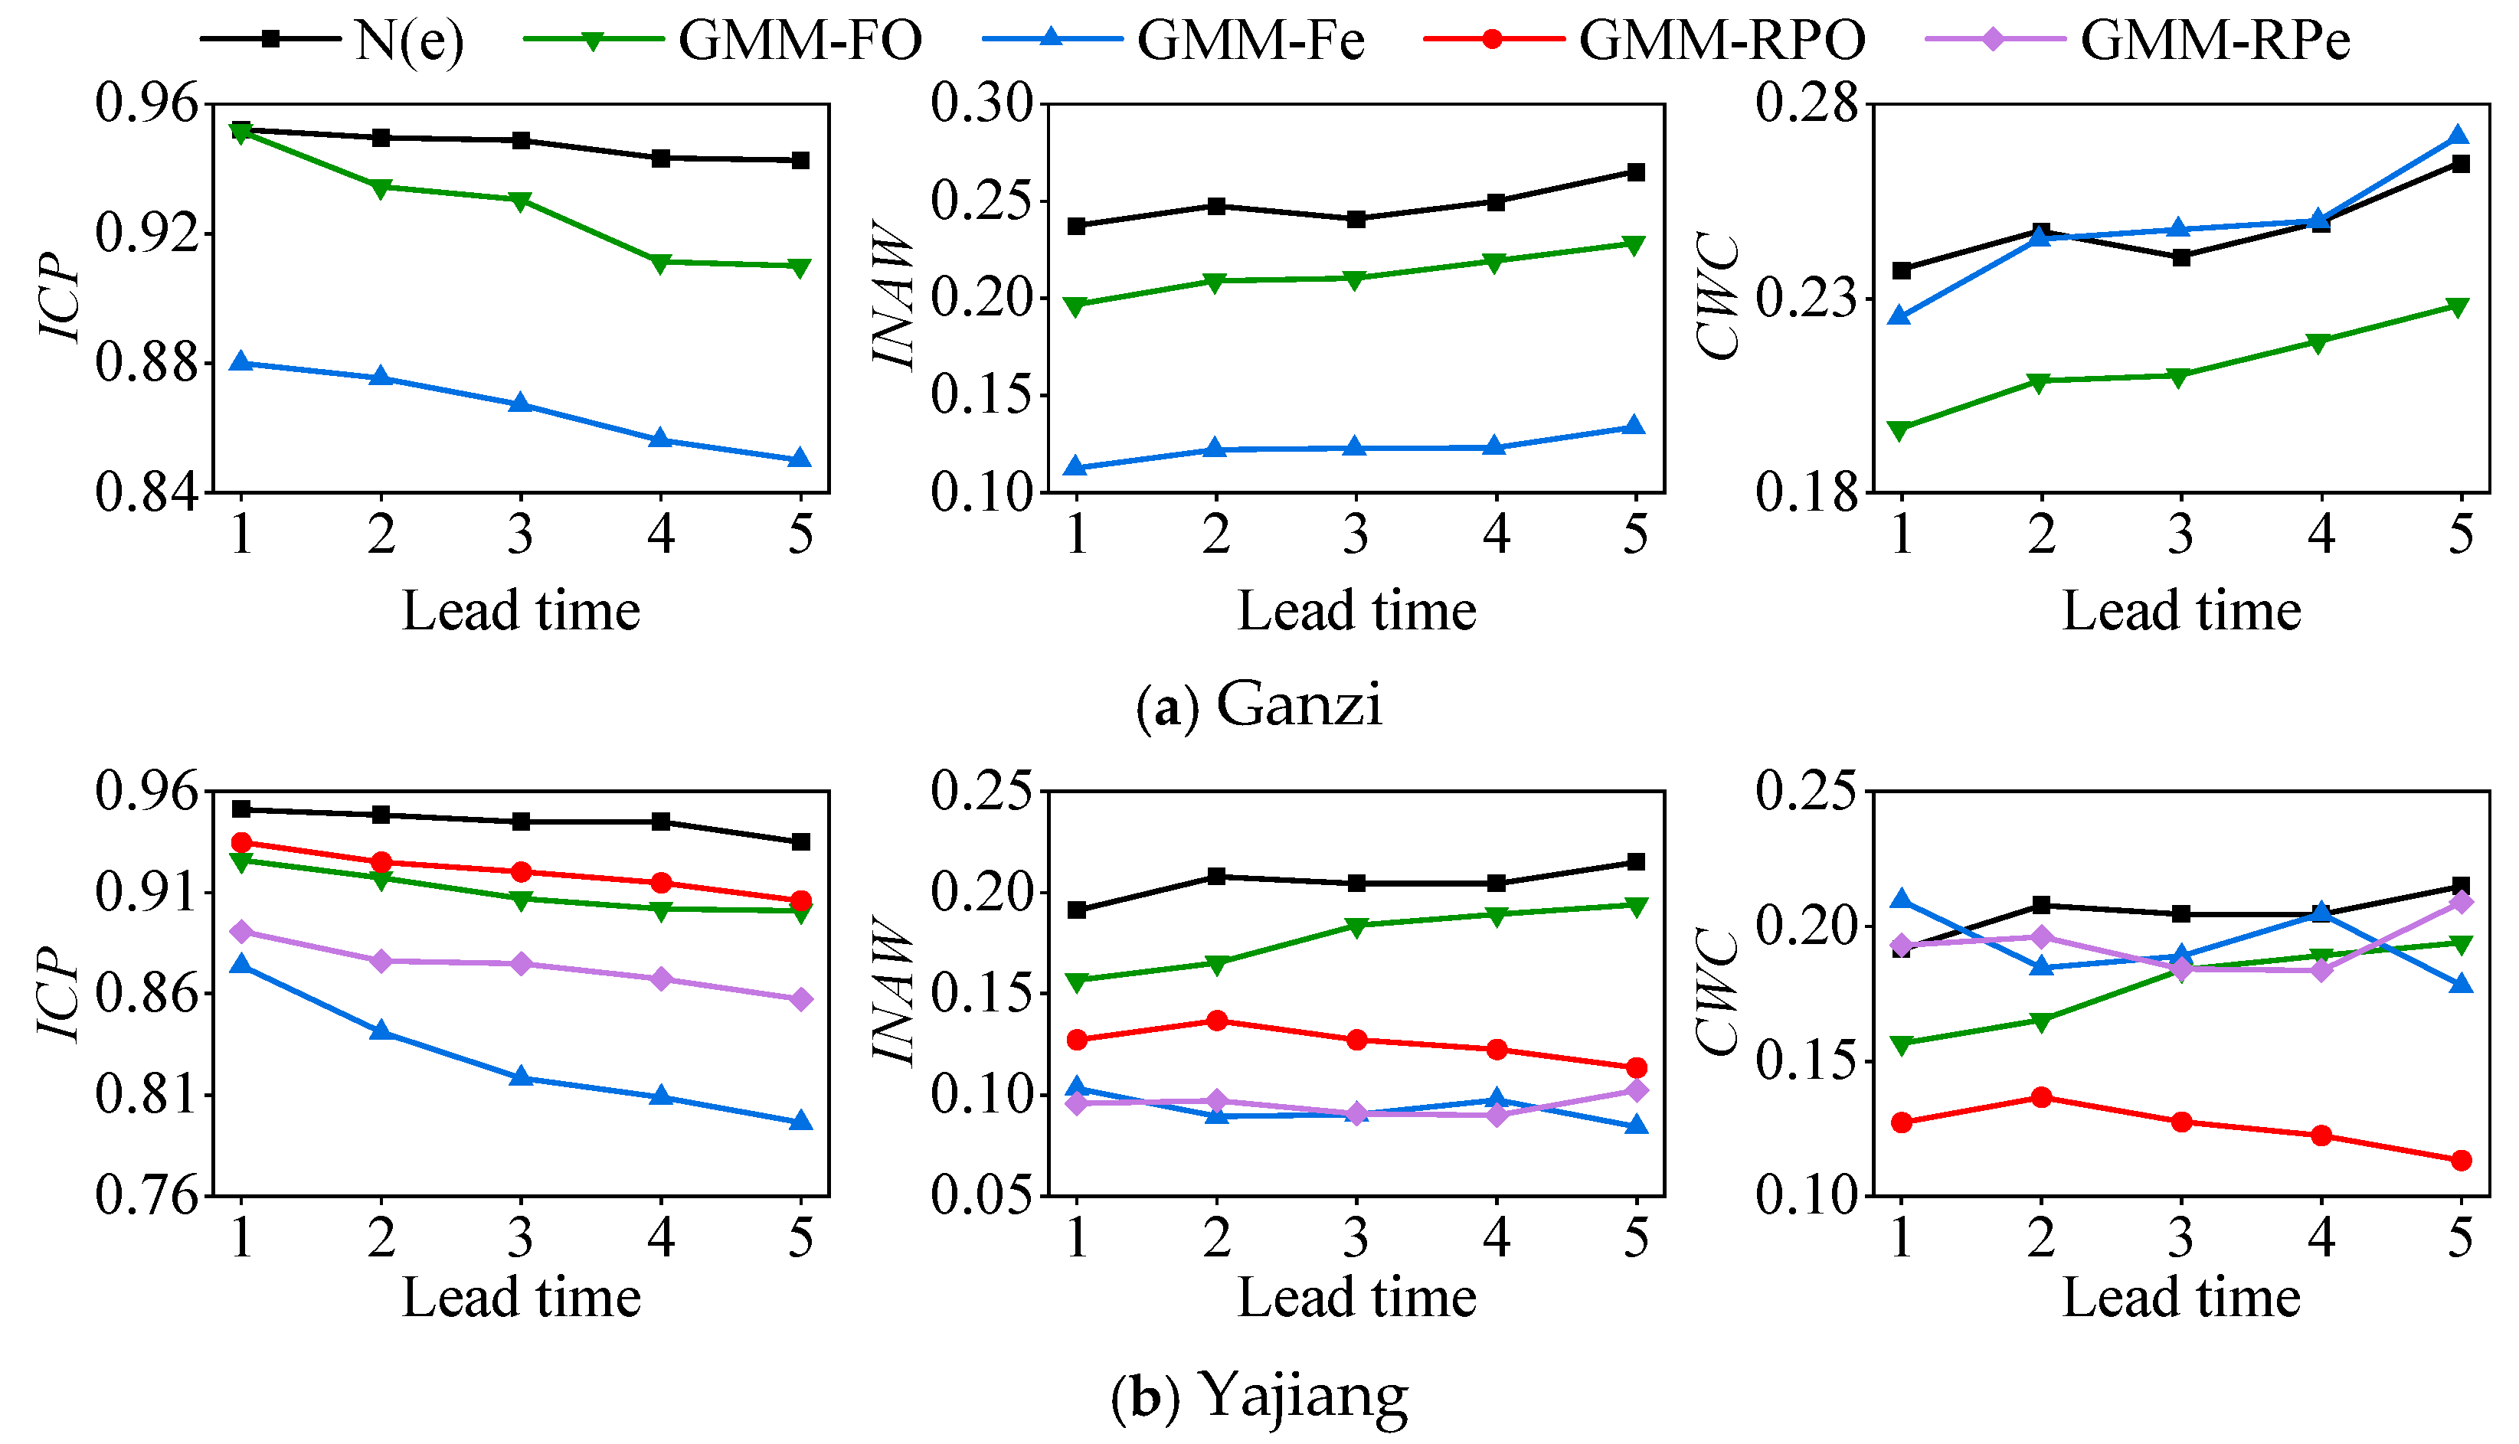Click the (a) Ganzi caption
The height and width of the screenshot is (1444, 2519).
click(x=1259, y=705)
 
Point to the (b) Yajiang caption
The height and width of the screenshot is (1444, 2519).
click(x=1259, y=1396)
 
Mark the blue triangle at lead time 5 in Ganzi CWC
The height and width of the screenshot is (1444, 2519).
click(x=2462, y=135)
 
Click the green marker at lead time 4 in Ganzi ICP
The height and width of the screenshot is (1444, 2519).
click(x=661, y=263)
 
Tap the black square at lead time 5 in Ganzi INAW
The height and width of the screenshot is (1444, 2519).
click(x=1637, y=172)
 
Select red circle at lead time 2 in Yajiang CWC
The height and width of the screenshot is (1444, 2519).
click(x=2041, y=1097)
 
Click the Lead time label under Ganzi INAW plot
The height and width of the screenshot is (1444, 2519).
click(x=1356, y=611)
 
